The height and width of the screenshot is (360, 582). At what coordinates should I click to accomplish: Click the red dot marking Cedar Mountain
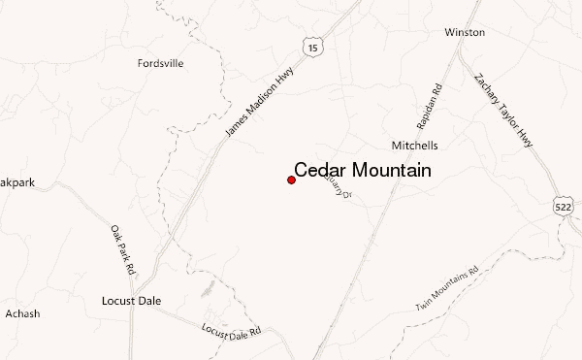[x=291, y=180]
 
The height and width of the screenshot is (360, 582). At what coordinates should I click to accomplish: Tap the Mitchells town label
[x=414, y=146]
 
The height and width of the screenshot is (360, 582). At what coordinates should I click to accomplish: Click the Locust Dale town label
[x=130, y=301]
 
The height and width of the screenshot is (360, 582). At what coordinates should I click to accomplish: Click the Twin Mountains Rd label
[x=447, y=288]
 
